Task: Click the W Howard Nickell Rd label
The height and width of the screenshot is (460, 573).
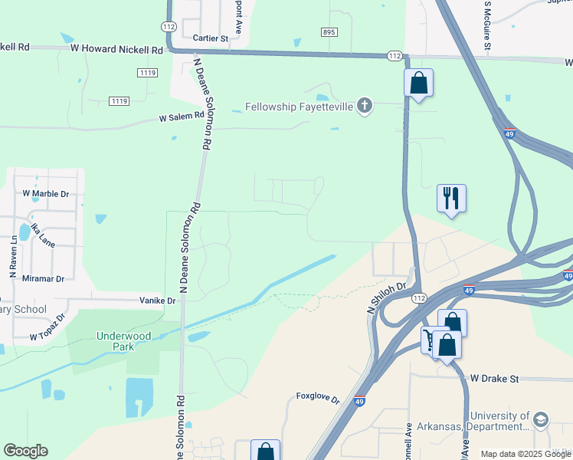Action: [x=116, y=49]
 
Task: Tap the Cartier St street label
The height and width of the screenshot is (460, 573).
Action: [x=211, y=38]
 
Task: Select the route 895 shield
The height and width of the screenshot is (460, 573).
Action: [x=329, y=31]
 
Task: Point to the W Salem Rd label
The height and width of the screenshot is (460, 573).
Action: [x=182, y=117]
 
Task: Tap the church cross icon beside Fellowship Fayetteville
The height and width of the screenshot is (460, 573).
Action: [x=365, y=106]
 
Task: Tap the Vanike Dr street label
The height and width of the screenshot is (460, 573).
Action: [x=158, y=301]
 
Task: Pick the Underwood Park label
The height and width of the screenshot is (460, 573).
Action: [x=123, y=341]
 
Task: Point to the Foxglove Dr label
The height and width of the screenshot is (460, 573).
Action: [x=318, y=397]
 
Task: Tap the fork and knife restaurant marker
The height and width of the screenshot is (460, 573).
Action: [x=451, y=199]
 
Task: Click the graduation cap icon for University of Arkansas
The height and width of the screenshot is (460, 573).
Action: [x=541, y=419]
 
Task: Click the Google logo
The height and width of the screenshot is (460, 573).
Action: [x=25, y=451]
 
